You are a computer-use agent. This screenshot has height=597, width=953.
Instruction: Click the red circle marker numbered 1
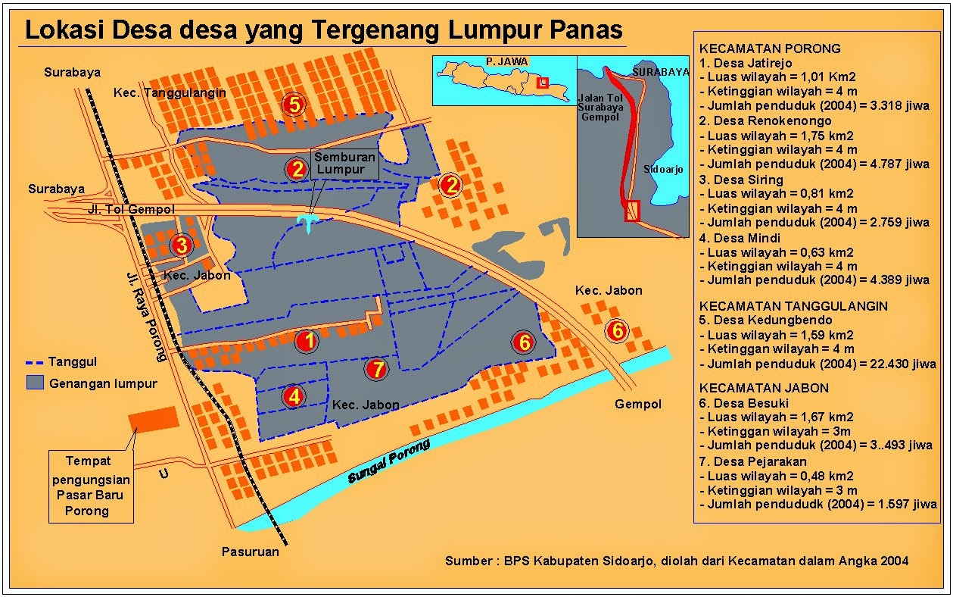point(307,342)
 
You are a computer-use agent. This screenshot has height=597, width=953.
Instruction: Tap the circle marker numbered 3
point(181,245)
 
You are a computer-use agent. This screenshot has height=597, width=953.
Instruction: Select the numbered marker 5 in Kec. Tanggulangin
point(294,104)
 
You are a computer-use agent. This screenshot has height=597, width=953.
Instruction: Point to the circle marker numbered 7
point(375,369)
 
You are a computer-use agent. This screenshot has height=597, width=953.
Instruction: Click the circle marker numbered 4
point(294,395)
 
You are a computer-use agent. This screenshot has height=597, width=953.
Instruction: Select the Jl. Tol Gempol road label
point(132,209)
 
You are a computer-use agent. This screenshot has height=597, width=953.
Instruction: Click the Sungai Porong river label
point(389,461)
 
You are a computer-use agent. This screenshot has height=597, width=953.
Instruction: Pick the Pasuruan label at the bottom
point(250,552)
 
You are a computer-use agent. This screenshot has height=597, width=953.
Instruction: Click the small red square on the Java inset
point(542,83)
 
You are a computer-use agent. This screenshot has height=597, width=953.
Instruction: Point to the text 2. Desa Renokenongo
point(765,120)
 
